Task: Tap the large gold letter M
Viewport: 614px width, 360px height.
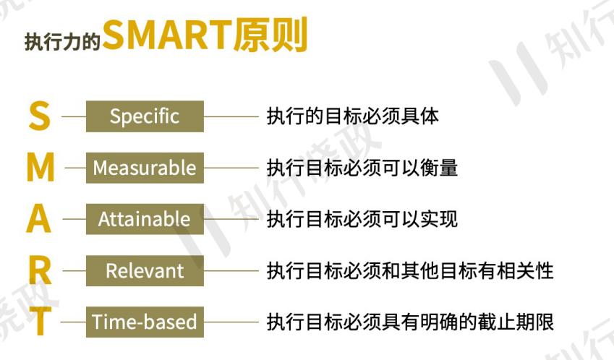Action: pos(40,168)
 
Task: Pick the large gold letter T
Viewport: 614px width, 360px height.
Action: pos(40,322)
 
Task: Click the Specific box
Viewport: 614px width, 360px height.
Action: pos(145,116)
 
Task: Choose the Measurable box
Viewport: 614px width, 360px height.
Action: pos(145,168)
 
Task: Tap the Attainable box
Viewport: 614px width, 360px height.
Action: pos(145,219)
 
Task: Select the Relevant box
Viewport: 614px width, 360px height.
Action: pos(145,271)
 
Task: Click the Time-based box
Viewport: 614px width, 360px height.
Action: pos(145,322)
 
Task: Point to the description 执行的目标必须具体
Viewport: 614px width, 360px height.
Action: pos(352,116)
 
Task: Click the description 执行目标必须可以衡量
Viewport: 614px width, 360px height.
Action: pos(362,168)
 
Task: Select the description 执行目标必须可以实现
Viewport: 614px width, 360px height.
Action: pos(362,219)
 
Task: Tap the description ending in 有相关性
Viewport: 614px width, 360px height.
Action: pos(409,271)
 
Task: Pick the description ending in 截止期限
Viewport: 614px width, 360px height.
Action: pos(409,322)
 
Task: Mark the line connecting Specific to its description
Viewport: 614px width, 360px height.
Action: pos(231,116)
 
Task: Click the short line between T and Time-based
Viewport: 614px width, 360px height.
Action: pos(74,322)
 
